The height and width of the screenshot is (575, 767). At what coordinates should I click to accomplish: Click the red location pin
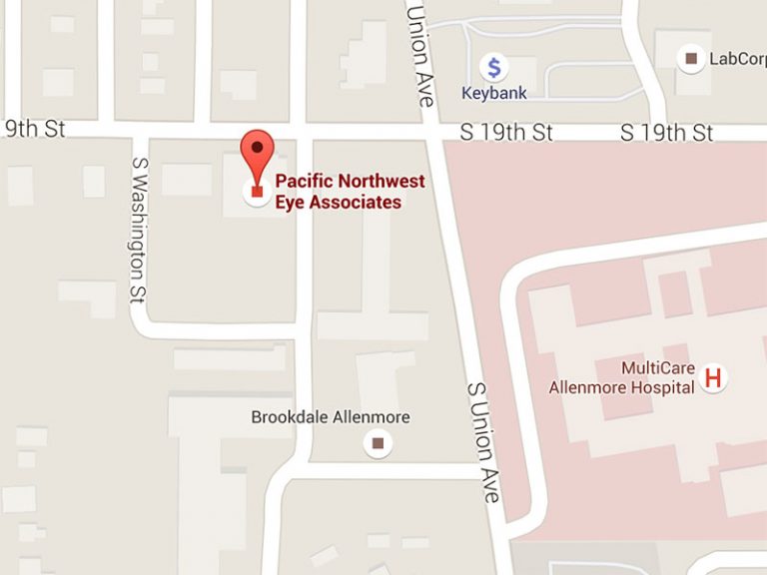tap(258, 158)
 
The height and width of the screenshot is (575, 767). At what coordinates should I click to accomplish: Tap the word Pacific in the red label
tap(304, 182)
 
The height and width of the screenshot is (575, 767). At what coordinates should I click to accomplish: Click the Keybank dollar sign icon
tap(493, 68)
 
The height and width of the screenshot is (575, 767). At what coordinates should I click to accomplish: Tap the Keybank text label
tap(493, 93)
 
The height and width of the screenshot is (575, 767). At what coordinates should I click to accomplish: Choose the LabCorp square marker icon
tap(691, 59)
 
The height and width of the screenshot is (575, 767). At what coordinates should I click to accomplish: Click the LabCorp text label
tap(737, 59)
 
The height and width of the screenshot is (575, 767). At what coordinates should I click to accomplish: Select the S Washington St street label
tap(139, 228)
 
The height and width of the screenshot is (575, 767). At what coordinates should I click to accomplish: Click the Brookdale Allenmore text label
tap(331, 417)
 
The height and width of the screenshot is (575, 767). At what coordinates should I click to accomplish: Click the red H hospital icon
tap(713, 377)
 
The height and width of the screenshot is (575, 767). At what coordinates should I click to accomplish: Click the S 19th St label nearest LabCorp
tap(666, 133)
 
